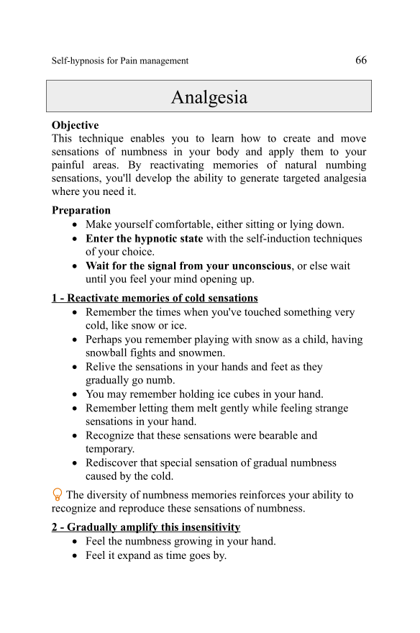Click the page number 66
(361, 60)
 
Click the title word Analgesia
(209, 97)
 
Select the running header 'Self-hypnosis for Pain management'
(120, 61)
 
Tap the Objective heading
(76, 125)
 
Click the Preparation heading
(81, 211)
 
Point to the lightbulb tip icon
(58, 495)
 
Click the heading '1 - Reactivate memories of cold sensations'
(155, 298)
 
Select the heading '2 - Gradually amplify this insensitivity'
(146, 527)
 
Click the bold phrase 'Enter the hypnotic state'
(144, 238)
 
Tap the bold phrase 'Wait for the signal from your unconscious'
(188, 265)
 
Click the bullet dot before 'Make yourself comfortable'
(76, 225)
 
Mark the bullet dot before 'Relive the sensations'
(76, 367)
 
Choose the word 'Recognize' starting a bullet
(111, 435)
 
